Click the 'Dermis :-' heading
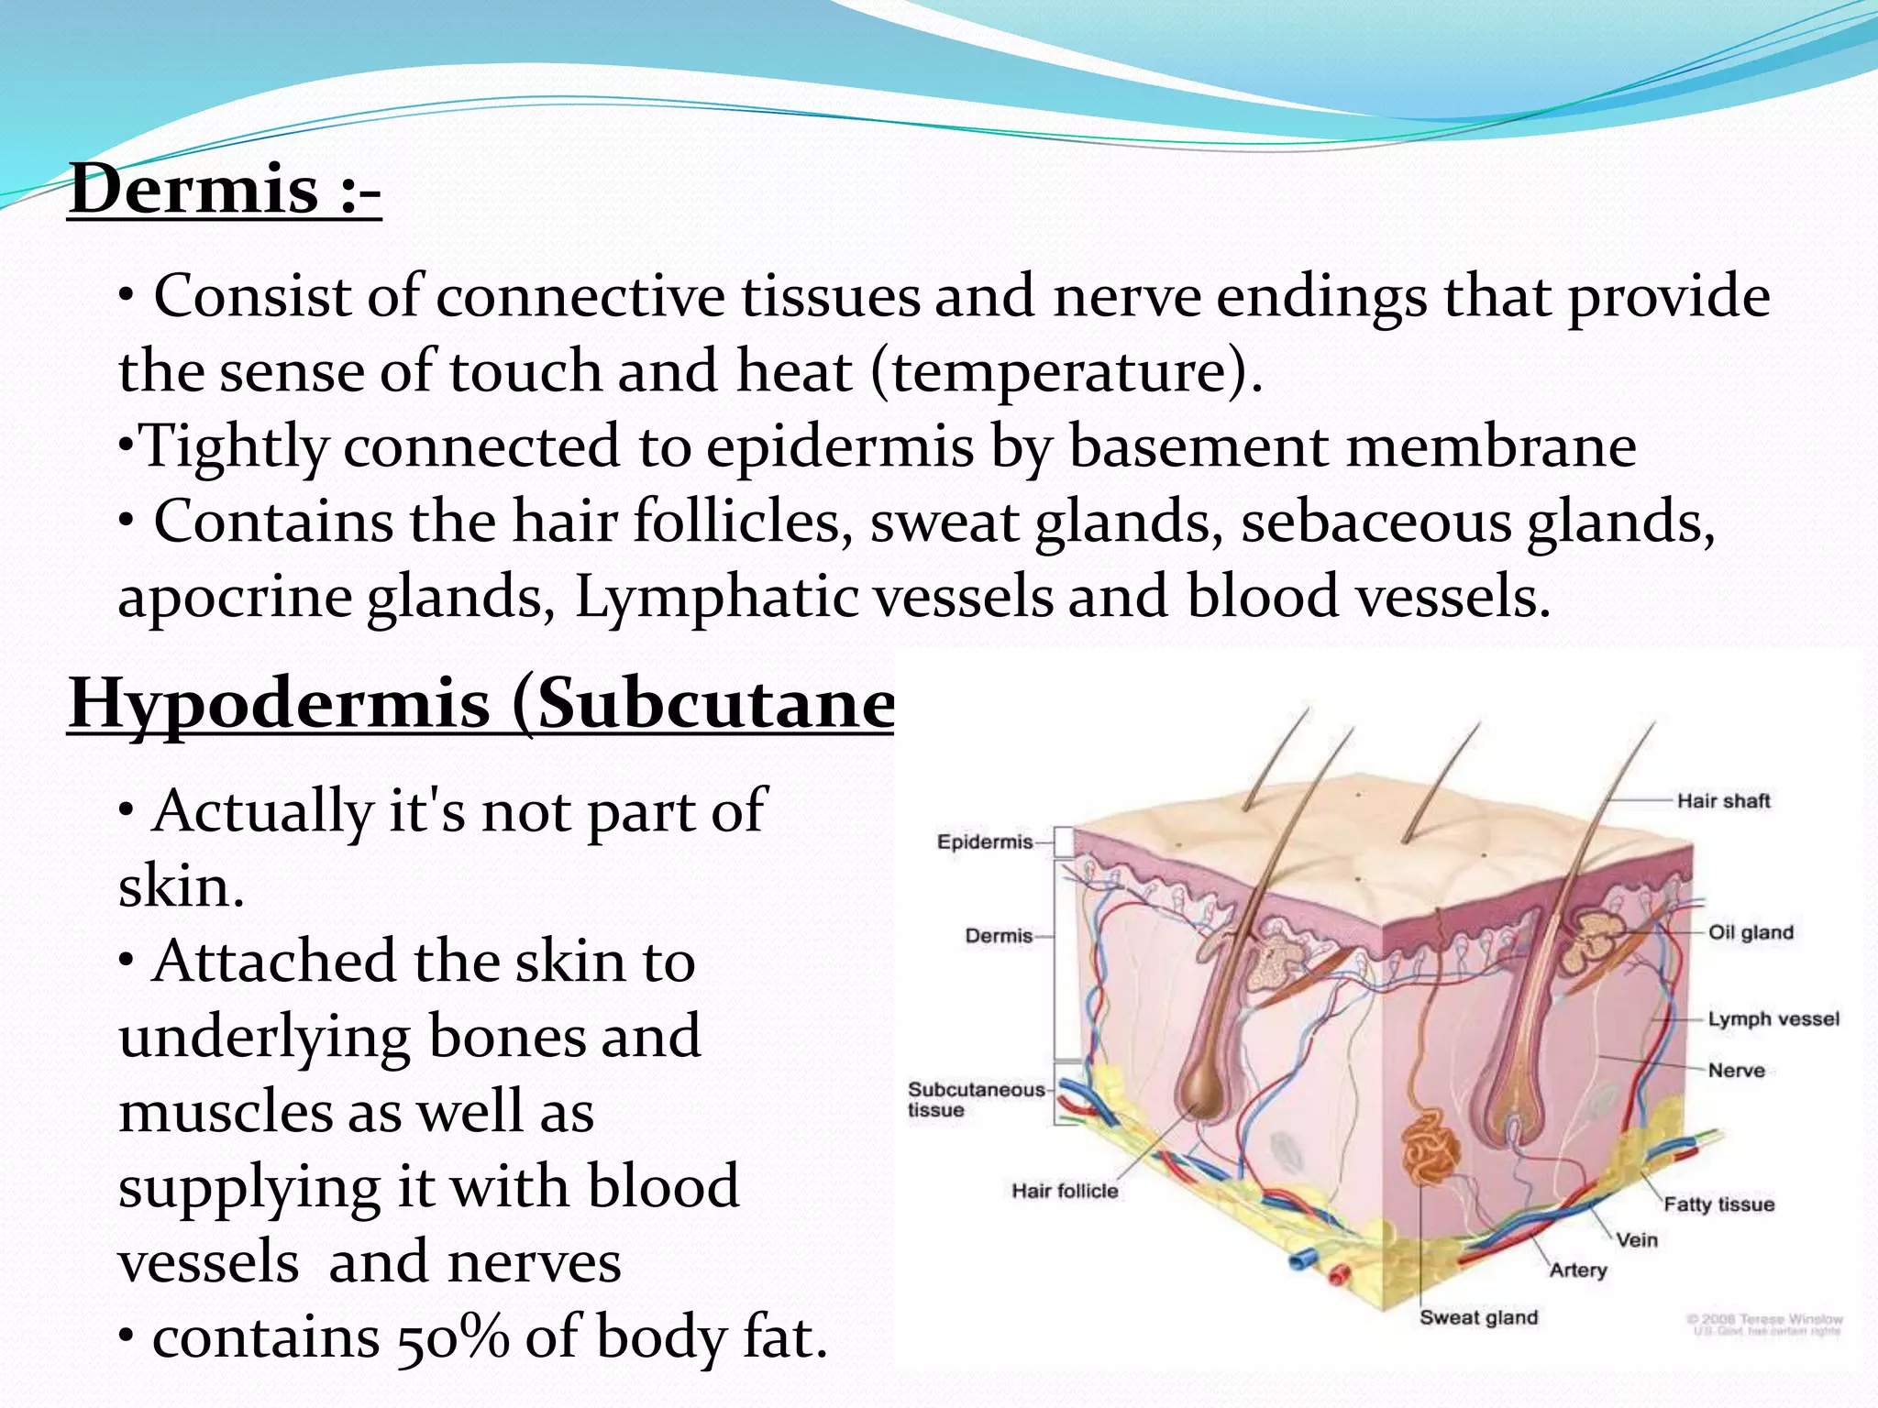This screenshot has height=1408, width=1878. (225, 189)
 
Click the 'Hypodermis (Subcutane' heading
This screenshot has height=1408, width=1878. (481, 703)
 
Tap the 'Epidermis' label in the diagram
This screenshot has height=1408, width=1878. (985, 841)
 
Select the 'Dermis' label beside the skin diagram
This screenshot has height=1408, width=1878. (999, 936)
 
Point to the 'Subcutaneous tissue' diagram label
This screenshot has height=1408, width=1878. (976, 1099)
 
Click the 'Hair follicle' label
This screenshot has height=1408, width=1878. (1065, 1191)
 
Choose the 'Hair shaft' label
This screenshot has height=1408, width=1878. (1723, 801)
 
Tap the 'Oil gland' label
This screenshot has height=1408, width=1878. (1750, 932)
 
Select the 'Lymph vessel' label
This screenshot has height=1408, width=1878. (1773, 1019)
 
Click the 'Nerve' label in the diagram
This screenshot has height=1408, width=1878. (1736, 1071)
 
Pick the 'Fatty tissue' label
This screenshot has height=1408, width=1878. (1718, 1204)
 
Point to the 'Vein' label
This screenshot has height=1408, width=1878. (1637, 1240)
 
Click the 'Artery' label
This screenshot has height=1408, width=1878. (1578, 1270)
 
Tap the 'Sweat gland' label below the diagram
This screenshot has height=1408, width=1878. (1478, 1317)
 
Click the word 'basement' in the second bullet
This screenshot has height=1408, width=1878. (1198, 447)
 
